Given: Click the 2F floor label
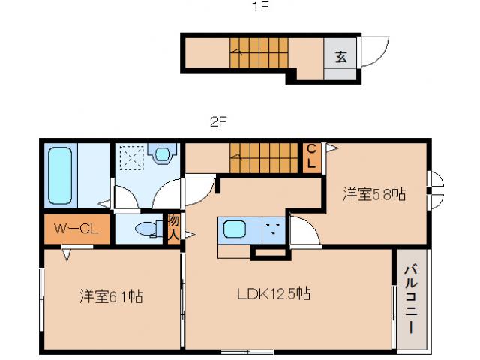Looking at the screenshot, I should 218,121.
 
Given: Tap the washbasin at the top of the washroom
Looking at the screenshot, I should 162,155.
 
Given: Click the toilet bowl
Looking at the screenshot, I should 145,229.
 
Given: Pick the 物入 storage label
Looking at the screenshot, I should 173,227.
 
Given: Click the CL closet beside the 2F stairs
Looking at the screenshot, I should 310,157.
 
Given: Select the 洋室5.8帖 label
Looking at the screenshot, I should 374,194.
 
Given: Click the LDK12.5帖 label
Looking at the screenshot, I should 275,294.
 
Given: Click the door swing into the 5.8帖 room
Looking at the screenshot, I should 304,230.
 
